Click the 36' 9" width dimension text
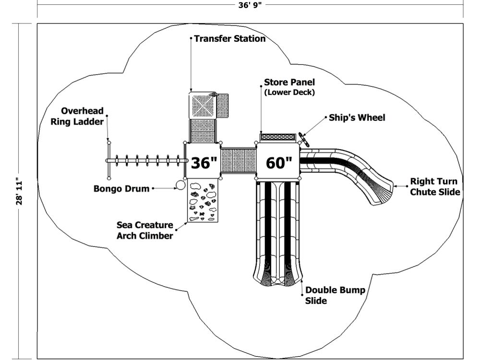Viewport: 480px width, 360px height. pyautogui.click(x=250, y=5)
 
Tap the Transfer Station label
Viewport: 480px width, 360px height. pyautogui.click(x=229, y=38)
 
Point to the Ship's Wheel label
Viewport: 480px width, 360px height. pyautogui.click(x=357, y=118)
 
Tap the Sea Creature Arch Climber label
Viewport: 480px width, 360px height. pyautogui.click(x=144, y=230)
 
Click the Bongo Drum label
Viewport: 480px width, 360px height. pyautogui.click(x=121, y=189)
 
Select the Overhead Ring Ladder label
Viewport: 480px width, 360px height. pyautogui.click(x=77, y=117)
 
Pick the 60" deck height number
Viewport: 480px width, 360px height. pyautogui.click(x=279, y=163)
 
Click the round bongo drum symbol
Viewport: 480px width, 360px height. pyautogui.click(x=180, y=184)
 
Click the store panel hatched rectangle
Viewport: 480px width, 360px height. pyautogui.click(x=277, y=137)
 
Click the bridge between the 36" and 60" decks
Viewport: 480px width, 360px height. pyautogui.click(x=239, y=162)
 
